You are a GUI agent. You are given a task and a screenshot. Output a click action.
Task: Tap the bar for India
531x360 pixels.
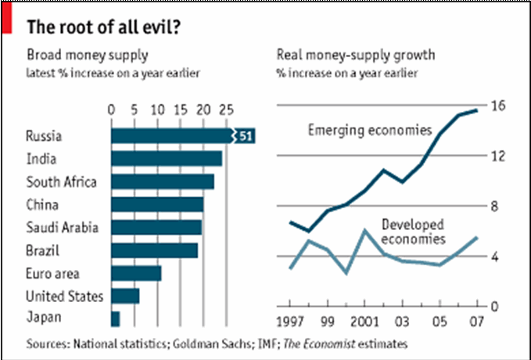click(167, 159)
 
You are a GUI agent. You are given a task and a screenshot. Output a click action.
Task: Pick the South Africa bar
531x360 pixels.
click(163, 182)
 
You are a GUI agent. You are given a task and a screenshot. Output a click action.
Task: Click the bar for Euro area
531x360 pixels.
click(136, 273)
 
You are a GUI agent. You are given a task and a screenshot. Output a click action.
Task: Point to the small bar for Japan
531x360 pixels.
click(116, 319)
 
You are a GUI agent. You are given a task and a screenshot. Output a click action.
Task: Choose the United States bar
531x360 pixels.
click(125, 296)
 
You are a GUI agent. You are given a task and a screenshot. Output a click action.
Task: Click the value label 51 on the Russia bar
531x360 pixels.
click(244, 136)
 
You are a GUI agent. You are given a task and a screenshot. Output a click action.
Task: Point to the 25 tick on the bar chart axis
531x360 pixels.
click(227, 109)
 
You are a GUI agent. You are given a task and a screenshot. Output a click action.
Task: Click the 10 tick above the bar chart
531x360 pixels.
click(157, 109)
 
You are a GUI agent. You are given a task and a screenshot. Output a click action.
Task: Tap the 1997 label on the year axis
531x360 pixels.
click(291, 322)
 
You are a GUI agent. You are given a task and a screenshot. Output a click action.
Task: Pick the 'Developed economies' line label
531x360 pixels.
click(414, 231)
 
